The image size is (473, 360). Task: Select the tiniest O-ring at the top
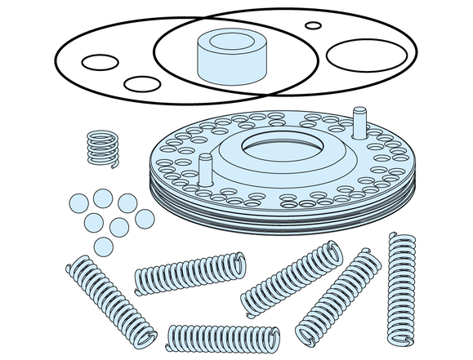(x=314, y=25)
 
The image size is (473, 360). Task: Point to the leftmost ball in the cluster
(x=78, y=202)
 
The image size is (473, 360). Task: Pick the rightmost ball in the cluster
(x=145, y=218)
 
